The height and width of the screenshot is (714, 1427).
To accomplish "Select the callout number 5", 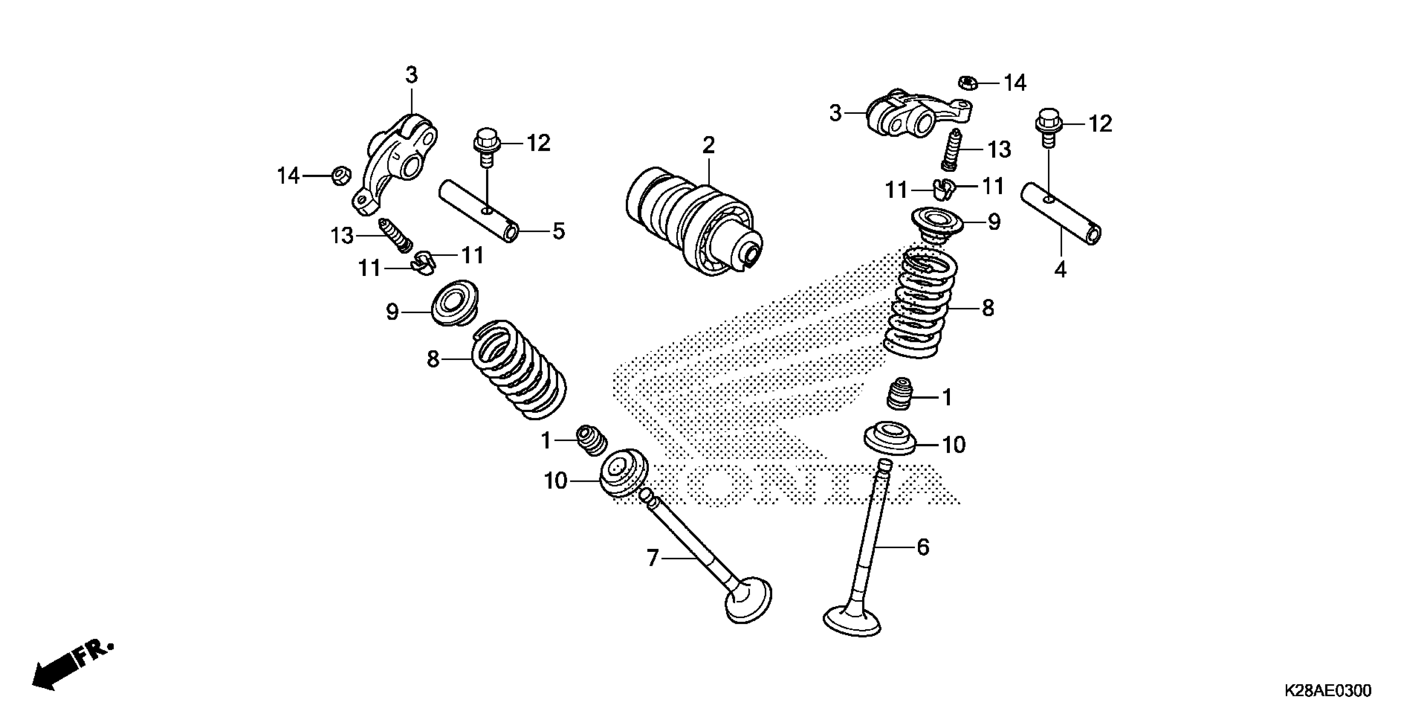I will click(558, 231).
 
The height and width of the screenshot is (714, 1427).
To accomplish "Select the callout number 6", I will click(923, 547).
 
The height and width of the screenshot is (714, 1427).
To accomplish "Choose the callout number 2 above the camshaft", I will click(708, 146).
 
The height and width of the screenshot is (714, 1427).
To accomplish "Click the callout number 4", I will click(1060, 270).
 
